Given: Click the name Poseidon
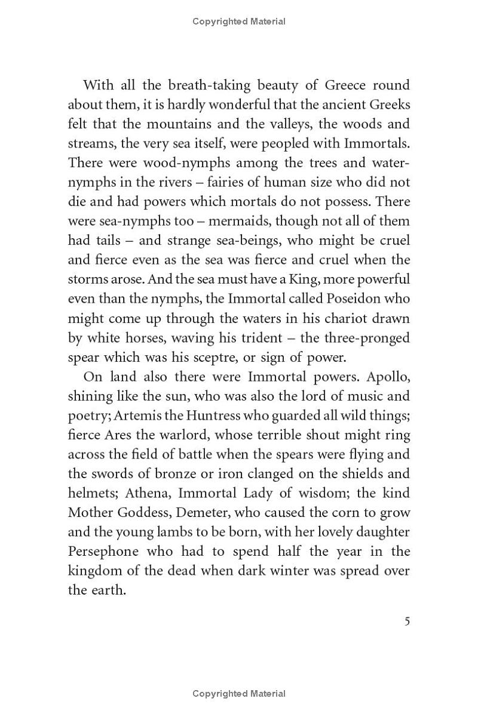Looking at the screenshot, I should point(380,299).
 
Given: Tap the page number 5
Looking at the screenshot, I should point(407,621).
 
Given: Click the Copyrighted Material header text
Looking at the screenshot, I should point(239,21).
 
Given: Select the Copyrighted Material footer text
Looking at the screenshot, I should point(239,694).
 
